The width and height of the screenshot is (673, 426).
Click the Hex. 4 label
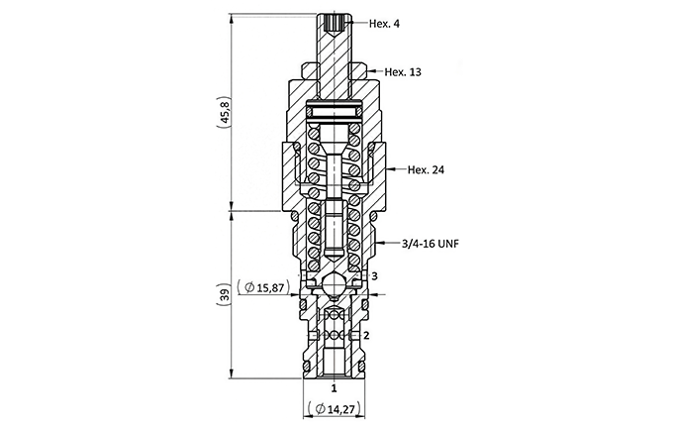(384, 24)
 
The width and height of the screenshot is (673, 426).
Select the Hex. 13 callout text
(403, 71)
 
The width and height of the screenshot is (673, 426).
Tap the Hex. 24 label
(426, 170)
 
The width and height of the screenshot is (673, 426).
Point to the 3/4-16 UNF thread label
(431, 244)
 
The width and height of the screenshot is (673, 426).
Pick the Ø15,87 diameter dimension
(263, 287)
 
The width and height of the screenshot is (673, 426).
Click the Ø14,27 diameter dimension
(335, 409)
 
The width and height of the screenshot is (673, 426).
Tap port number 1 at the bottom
(334, 388)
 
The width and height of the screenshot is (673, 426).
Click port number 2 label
(366, 335)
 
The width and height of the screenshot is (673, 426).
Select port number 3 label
(374, 275)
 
